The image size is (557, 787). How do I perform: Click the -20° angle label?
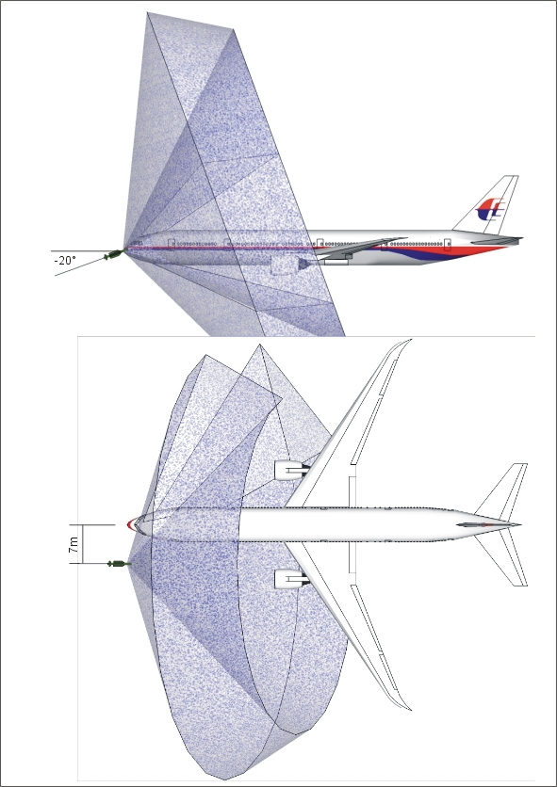[65, 261]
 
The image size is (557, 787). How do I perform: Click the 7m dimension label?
[74, 544]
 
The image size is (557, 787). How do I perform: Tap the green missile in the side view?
[114, 255]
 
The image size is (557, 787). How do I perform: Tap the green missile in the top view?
[119, 564]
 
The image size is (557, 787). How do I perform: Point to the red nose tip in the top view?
[131, 525]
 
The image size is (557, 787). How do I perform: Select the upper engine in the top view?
[291, 471]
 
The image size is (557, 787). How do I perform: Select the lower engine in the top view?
[291, 580]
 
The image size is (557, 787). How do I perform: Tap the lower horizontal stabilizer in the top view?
[502, 558]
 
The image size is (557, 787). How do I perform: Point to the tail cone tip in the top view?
[520, 525]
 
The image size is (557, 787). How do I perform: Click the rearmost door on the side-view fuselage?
[448, 245]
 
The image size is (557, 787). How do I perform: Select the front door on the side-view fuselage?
[172, 245]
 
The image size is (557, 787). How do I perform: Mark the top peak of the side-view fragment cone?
[148, 13]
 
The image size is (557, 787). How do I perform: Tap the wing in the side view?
[359, 248]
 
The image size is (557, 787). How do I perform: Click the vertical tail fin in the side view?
[487, 203]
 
